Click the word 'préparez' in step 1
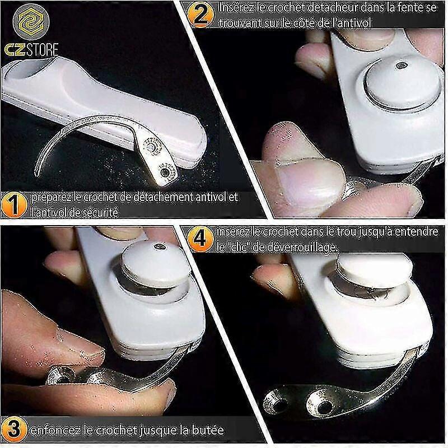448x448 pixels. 54,197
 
